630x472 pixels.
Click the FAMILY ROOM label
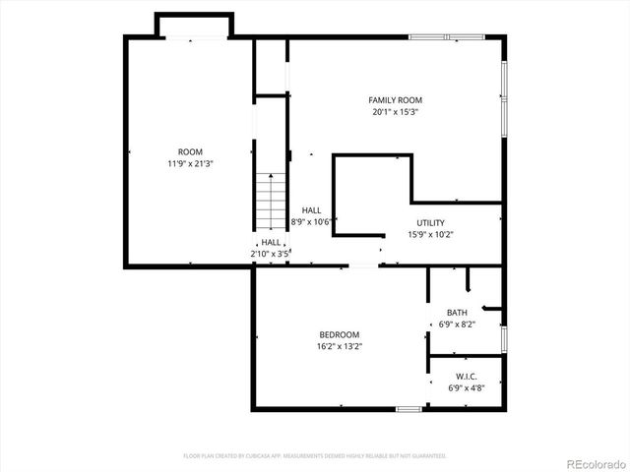395,100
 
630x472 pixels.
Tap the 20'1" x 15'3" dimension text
395,112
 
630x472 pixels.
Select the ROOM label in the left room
190,151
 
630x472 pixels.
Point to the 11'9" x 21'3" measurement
190,163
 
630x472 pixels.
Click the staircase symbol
270,201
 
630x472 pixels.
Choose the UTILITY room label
430,223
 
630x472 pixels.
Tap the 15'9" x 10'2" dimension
430,235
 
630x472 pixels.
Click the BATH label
457,313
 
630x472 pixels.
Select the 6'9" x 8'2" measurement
457,324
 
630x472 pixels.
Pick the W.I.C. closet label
467,377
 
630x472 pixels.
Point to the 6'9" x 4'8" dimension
467,388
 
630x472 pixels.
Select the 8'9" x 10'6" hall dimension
312,222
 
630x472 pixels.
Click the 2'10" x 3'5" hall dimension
271,254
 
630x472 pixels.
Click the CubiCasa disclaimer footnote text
315,456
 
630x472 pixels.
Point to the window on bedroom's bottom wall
409,408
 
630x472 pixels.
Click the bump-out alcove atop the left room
193,26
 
